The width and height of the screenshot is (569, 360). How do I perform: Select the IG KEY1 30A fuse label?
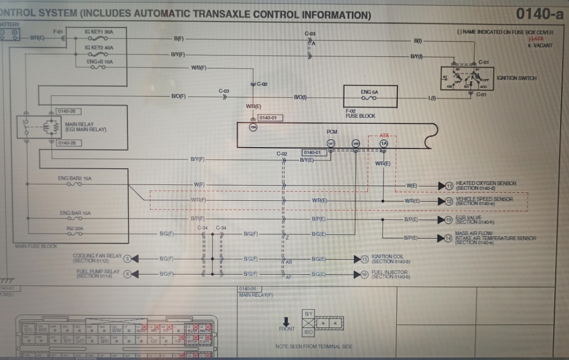click(x=99, y=32)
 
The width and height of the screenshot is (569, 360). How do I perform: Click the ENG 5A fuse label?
click(x=369, y=92)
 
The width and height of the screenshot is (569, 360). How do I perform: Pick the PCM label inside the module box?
click(x=332, y=131)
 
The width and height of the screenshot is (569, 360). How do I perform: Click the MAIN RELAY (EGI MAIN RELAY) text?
click(x=85, y=127)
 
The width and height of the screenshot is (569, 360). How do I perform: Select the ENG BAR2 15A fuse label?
click(x=74, y=178)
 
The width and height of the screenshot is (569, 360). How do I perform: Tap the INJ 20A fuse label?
click(x=75, y=228)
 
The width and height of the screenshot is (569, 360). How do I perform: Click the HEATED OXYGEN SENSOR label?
click(x=486, y=183)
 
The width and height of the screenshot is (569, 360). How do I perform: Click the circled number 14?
click(x=449, y=238)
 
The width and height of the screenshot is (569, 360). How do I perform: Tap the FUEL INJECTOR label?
click(x=389, y=273)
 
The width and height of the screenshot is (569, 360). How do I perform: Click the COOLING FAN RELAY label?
click(x=96, y=256)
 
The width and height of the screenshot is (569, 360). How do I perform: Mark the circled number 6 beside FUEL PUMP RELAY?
click(x=127, y=274)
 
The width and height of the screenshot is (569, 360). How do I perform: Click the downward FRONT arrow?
click(x=287, y=321)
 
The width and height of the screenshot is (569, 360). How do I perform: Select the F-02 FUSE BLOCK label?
click(x=360, y=114)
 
